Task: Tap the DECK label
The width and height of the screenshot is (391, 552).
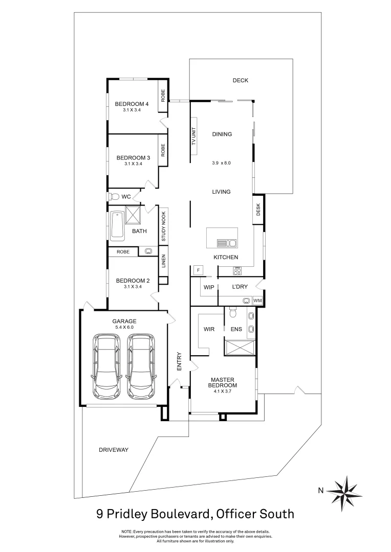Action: click(x=240, y=80)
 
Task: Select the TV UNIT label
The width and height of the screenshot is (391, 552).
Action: click(x=194, y=136)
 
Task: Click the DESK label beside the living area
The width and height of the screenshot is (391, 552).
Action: click(x=258, y=209)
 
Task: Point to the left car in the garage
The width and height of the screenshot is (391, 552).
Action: click(x=106, y=366)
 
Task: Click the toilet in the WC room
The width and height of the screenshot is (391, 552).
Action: click(x=114, y=196)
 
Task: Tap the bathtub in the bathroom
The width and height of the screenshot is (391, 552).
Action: click(x=117, y=225)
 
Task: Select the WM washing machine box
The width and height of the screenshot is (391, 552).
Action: click(x=257, y=301)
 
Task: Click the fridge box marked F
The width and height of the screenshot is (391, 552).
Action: click(x=197, y=269)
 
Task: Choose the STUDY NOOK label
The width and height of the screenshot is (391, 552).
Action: click(x=164, y=226)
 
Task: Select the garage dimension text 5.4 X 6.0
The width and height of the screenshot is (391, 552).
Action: click(x=124, y=328)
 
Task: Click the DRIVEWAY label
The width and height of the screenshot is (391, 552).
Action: click(x=113, y=450)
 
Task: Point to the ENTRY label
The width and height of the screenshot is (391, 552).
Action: click(x=179, y=361)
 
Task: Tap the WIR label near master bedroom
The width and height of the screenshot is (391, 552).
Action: click(x=209, y=329)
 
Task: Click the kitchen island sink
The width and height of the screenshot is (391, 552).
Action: click(x=226, y=243)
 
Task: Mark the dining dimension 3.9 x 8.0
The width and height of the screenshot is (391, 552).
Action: click(x=222, y=164)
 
